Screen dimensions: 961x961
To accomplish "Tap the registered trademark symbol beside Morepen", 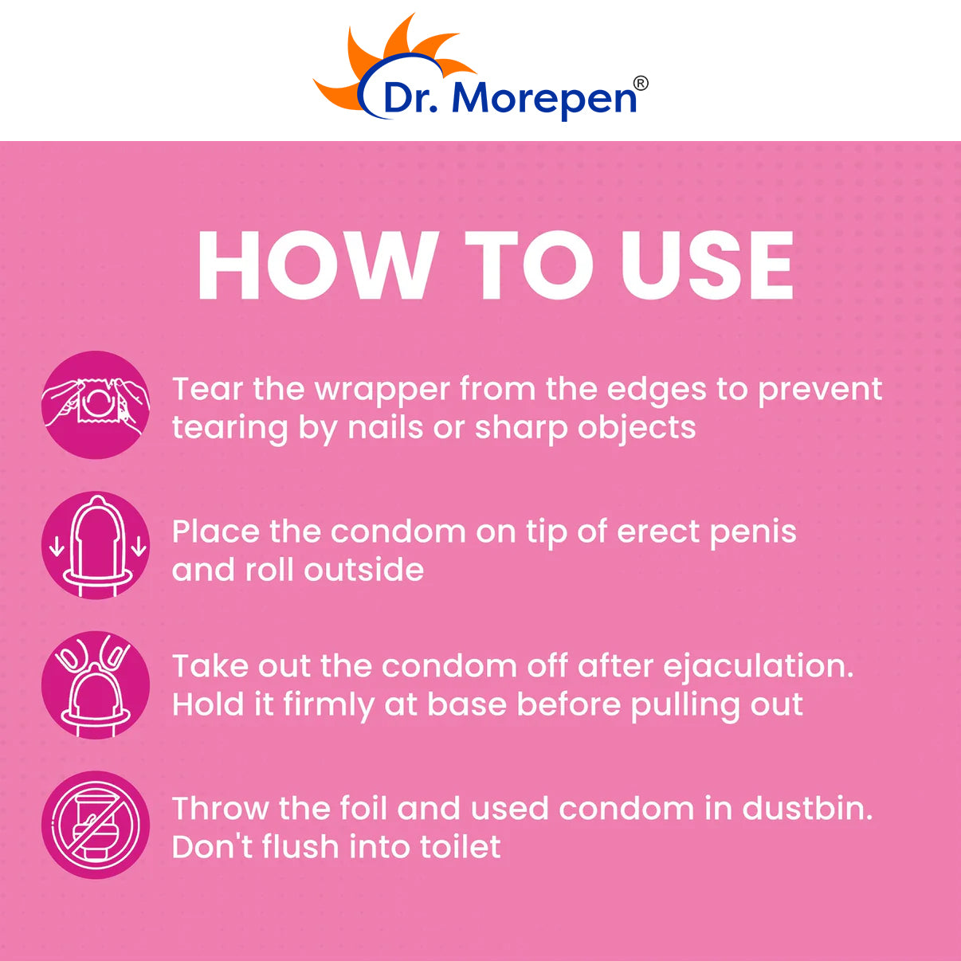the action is [641, 84].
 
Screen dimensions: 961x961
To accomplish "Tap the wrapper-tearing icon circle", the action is [96, 405].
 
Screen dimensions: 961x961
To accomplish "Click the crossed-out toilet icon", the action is [96, 825].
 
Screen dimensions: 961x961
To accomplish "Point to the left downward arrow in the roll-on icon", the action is [57, 547].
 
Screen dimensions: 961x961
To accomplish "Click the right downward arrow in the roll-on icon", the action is [139, 547].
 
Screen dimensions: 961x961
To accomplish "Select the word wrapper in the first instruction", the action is [381, 390].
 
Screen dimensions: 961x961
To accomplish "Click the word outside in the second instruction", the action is [364, 570].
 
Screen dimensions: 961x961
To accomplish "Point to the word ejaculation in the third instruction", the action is [753, 667].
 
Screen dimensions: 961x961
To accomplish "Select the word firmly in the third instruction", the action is [329, 706].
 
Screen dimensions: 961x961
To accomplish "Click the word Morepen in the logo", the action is [544, 98].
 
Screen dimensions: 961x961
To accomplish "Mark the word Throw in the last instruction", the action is [221, 808].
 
